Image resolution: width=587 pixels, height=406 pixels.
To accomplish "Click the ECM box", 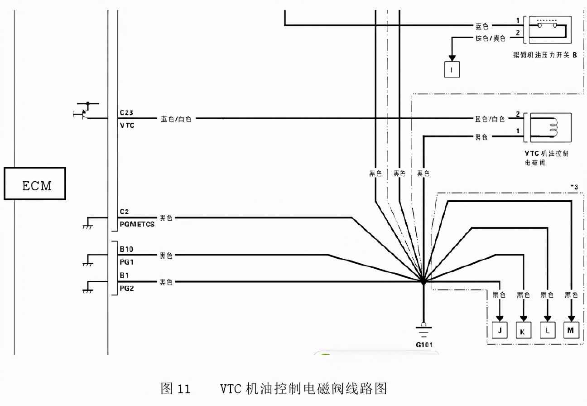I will click(35, 184).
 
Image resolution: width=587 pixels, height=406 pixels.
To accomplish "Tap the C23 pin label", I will click(126, 112).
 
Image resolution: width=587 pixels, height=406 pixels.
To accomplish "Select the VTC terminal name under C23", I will click(127, 125).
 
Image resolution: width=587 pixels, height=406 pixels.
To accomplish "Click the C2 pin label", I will click(125, 211).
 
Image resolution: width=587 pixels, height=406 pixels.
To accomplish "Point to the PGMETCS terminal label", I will click(137, 224).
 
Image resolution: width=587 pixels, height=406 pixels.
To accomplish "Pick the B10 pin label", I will click(126, 249).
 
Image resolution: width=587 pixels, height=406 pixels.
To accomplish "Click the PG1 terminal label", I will click(126, 261).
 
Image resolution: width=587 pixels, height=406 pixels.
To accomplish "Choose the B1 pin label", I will click(125, 275).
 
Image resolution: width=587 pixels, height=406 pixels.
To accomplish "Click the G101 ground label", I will click(424, 344).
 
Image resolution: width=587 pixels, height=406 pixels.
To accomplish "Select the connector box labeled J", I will click(500, 330).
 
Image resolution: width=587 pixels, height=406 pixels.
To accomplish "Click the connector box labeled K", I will click(524, 330).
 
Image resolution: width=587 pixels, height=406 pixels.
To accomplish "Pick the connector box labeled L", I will click(547, 330).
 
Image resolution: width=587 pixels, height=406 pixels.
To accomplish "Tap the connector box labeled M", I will click(571, 330).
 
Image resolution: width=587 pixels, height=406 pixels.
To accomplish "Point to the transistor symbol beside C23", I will click(83, 111).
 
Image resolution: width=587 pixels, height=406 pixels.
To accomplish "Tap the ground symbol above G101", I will click(423, 330).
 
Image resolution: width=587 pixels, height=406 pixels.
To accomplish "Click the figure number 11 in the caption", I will click(182, 389).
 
